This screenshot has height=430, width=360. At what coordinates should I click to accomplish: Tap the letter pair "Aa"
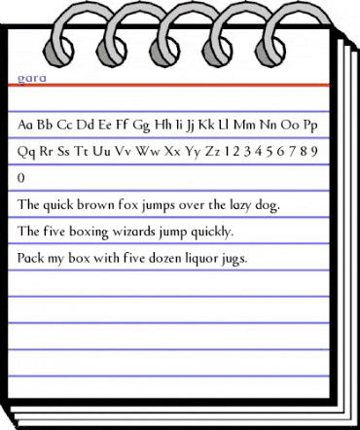point(26,125)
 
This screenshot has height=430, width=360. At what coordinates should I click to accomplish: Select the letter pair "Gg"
point(140,125)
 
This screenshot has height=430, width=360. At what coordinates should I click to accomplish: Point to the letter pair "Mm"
point(247,125)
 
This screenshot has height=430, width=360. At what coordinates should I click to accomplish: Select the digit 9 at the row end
point(316,152)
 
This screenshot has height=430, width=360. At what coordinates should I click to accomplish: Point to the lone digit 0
point(21,179)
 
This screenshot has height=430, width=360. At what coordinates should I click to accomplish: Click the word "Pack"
point(31,259)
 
